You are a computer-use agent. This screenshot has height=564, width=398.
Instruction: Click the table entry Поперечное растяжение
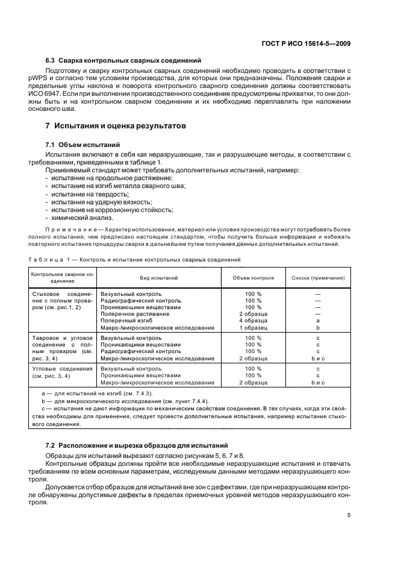[135, 314]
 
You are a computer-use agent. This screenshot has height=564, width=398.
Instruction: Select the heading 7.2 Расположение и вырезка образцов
[129, 445]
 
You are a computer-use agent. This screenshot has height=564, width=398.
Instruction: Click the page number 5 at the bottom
[349, 516]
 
